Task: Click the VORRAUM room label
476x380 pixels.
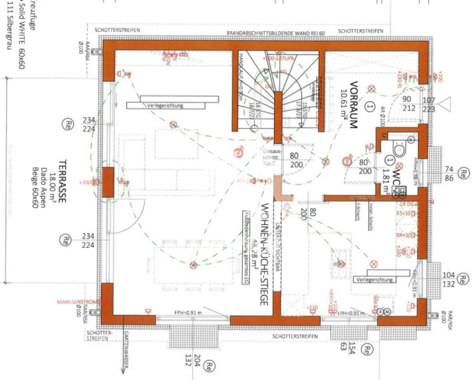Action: click(354, 105)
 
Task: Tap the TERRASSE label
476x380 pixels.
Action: click(62, 181)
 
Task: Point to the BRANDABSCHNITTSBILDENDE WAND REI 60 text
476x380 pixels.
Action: click(275, 33)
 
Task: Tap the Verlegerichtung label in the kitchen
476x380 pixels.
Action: click(374, 280)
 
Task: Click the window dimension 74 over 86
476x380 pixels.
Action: click(449, 173)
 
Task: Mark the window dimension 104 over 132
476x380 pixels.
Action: click(448, 279)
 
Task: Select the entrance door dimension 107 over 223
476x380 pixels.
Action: click(429, 105)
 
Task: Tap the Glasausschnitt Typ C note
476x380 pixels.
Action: click(271, 157)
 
